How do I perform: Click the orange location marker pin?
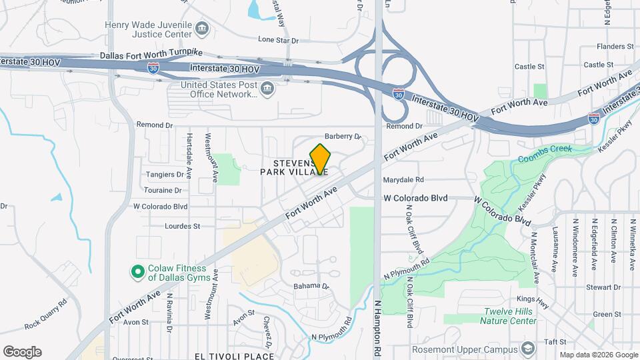[320, 159]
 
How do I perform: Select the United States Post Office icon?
[267, 89]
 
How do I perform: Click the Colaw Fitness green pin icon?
[137, 271]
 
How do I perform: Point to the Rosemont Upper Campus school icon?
[528, 349]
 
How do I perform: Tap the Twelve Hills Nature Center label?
[510, 316]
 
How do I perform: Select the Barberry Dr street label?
[342, 136]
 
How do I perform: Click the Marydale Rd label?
[403, 179]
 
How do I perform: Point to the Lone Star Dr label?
[277, 40]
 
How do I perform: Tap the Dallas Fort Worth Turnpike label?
[151, 54]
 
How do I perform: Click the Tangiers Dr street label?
[165, 175]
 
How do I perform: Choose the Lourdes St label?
[182, 226]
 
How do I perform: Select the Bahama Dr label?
[311, 286]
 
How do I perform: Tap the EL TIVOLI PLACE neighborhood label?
[234, 356]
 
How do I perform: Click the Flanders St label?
[615, 47]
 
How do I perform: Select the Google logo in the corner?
[22, 352]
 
